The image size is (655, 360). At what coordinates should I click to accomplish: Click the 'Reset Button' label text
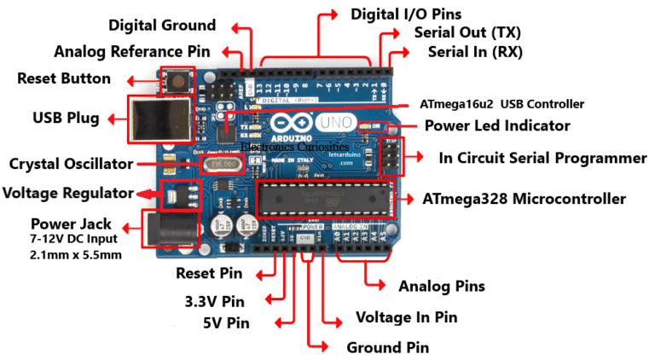click(64, 79)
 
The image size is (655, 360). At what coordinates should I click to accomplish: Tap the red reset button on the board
click(180, 82)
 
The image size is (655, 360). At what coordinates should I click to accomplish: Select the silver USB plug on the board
click(158, 118)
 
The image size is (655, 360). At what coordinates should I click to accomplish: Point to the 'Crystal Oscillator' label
click(70, 163)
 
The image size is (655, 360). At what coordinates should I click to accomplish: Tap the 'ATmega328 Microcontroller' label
click(524, 200)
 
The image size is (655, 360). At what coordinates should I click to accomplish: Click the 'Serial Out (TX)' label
click(467, 33)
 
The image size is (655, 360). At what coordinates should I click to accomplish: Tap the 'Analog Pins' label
click(442, 286)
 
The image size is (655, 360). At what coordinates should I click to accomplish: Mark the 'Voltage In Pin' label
click(406, 317)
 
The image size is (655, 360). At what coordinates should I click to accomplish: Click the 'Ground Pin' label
click(387, 347)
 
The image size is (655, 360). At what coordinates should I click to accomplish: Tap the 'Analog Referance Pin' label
click(131, 52)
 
